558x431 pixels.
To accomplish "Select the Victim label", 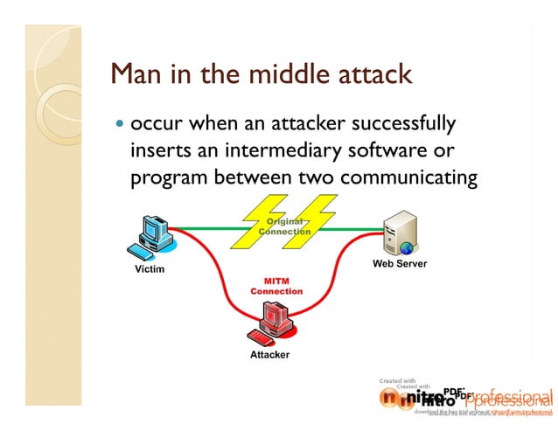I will click(149, 269).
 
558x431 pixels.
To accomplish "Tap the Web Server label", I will click(400, 263).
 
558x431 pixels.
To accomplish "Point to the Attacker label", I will click(269, 355).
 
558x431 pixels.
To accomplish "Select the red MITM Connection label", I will click(276, 286).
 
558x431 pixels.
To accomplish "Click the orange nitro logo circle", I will click(392, 399).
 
